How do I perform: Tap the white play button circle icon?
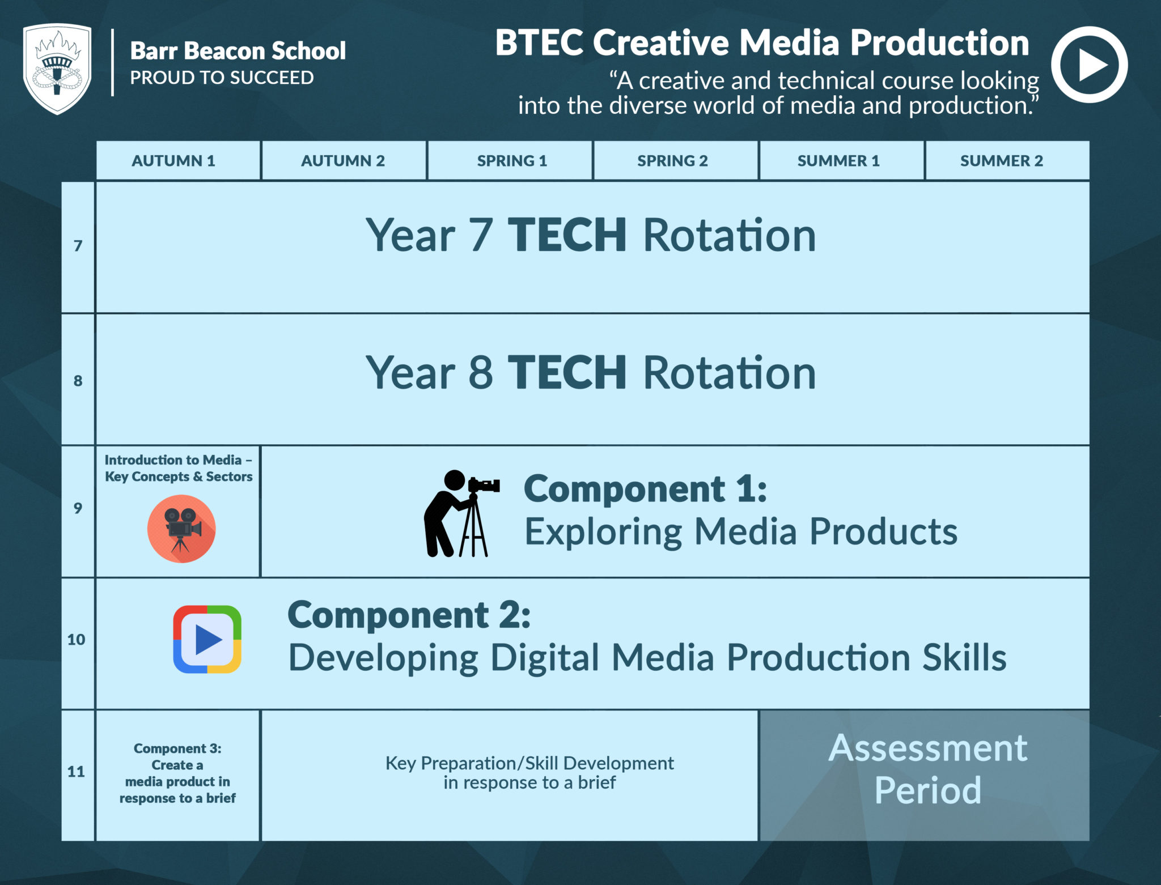point(1089,65)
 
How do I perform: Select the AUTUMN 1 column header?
point(173,161)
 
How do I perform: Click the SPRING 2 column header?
point(672,161)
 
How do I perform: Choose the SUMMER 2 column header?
point(1001,161)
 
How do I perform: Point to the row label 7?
point(78,246)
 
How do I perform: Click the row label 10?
point(77,640)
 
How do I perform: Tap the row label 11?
point(77,772)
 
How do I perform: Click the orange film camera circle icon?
point(181,529)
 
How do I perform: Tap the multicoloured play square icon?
point(207,639)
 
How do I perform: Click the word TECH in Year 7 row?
point(567,235)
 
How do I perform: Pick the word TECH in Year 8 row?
point(567,372)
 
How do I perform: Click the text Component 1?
point(645,488)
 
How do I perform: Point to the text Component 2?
point(409,615)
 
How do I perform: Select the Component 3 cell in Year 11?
point(177,773)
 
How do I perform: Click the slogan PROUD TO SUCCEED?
point(222,78)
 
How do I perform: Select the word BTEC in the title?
point(539,43)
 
